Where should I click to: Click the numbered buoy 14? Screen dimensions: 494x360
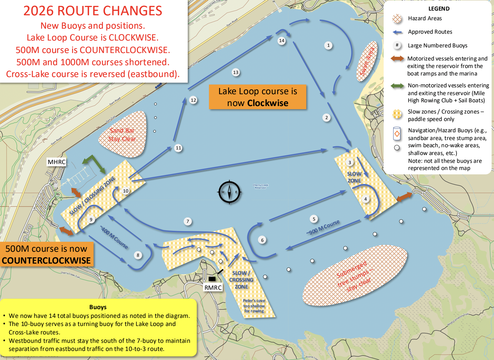click(x=282, y=41)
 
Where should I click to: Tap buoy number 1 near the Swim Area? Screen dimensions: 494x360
click(x=328, y=45)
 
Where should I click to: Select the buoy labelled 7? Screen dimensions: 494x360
click(x=187, y=221)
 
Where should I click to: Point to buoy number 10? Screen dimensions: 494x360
click(x=126, y=191)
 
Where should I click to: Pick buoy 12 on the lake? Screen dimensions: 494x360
click(x=193, y=100)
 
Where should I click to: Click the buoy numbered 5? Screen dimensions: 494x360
click(x=314, y=219)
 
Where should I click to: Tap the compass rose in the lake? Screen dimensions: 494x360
click(x=229, y=192)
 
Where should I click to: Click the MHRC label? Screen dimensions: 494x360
click(x=56, y=162)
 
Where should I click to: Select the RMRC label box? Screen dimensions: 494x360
click(x=213, y=288)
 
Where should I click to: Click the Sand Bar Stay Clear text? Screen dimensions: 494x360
click(x=122, y=135)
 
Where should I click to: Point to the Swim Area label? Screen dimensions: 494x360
click(x=367, y=61)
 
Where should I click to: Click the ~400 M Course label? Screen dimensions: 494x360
click(x=114, y=237)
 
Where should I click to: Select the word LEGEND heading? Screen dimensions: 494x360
click(x=439, y=9)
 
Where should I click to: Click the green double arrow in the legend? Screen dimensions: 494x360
click(x=397, y=85)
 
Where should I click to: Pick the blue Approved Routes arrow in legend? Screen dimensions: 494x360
click(x=397, y=32)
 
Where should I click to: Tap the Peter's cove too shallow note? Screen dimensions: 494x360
click(x=254, y=306)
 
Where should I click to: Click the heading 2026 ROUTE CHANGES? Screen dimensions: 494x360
click(x=93, y=11)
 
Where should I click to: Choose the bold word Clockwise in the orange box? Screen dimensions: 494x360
click(x=268, y=103)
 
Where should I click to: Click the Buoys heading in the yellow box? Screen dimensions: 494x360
click(x=98, y=307)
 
